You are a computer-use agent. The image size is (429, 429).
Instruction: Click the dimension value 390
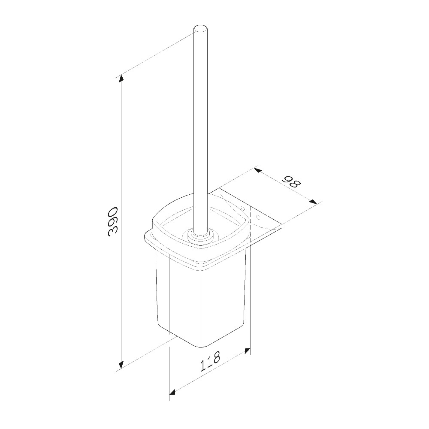point(113,221)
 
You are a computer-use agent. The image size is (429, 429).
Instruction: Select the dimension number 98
point(292,183)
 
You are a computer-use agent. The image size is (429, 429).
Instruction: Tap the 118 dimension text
point(210,362)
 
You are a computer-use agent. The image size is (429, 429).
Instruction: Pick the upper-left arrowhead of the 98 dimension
point(258,171)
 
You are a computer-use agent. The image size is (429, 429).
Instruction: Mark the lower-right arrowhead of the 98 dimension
point(313,202)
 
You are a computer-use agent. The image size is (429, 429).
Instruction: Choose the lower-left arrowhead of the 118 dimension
point(172,393)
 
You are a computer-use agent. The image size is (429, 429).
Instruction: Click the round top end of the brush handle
point(200,29)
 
